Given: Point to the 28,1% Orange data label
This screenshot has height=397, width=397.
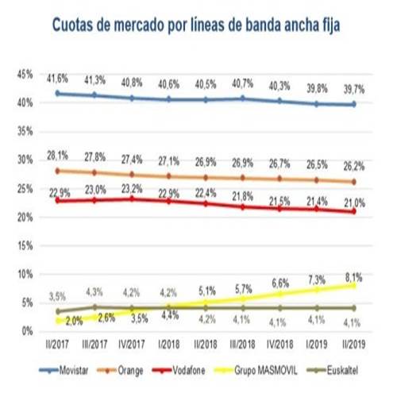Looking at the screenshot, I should coord(56,156).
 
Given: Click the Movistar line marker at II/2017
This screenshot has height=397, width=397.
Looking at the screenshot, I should coord(56,93).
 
